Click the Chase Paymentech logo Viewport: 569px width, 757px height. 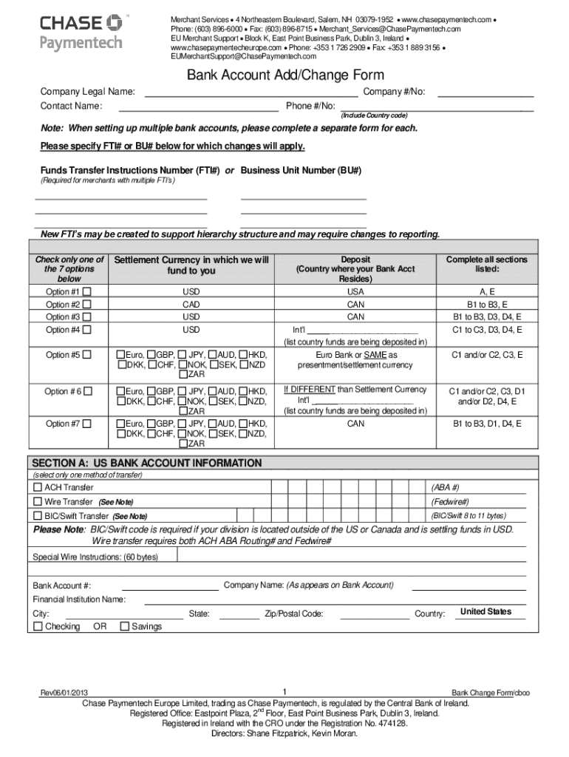pos(81,32)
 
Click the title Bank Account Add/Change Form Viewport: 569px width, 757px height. pos(284,75)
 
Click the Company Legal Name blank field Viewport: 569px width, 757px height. pos(251,92)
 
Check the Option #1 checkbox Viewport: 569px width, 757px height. pos(87,292)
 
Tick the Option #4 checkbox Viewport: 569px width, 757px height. pos(87,330)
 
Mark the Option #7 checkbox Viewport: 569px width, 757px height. pos(87,424)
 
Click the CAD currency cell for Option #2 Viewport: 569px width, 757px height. pos(191,305)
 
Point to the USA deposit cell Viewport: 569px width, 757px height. pos(355,292)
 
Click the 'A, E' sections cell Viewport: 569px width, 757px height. pos(486,292)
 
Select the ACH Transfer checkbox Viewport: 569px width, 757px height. pos(37,489)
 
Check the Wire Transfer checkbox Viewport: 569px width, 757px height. pos(37,502)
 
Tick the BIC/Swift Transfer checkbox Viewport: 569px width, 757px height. pos(37,516)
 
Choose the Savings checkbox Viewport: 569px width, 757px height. pos(124,627)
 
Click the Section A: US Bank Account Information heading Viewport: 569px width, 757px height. pos(146,463)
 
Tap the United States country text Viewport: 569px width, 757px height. pos(485,612)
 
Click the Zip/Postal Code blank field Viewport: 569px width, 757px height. pos(374,614)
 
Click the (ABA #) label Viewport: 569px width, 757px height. pos(445,489)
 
